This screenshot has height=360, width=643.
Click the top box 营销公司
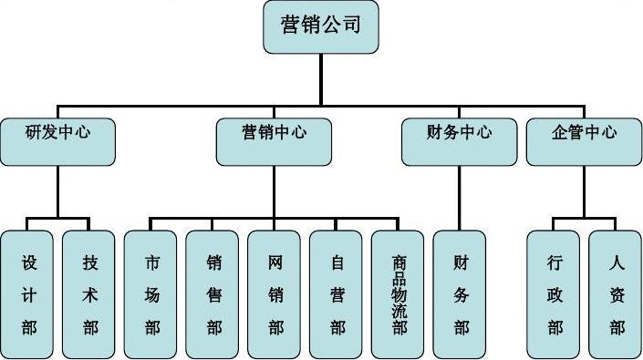click(320, 26)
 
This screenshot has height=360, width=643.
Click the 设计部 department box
click(28, 293)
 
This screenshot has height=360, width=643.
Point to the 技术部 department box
click(90, 293)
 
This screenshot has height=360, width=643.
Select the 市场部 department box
click(151, 293)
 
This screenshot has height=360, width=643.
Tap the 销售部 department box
click(213, 293)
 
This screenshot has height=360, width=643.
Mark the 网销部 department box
click(275, 293)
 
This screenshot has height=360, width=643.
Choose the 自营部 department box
click(337, 293)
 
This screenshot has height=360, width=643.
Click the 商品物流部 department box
click(399, 293)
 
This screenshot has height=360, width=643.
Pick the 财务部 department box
click(461, 293)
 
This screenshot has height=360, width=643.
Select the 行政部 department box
click(555, 293)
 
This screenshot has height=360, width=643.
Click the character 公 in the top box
click(333, 25)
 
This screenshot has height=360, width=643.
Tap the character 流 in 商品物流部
click(399, 311)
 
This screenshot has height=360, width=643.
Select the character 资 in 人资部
click(617, 294)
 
